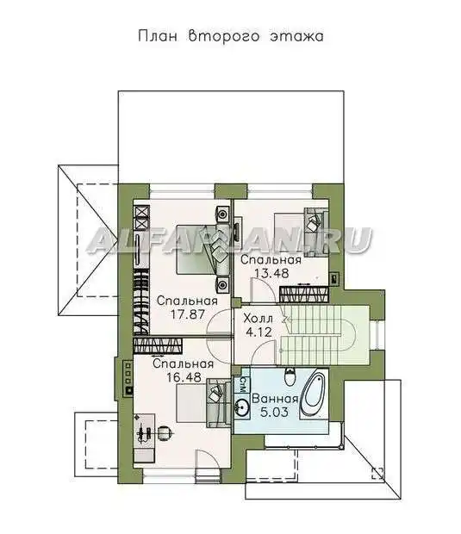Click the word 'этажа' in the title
[296, 36]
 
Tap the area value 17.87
[187, 314]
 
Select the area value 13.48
[271, 273]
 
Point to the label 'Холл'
[258, 319]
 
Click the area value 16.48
[184, 376]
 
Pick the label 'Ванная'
[275, 399]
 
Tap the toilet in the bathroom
[290, 377]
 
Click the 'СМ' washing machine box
[243, 385]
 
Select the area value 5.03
[274, 412]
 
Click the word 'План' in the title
[158, 36]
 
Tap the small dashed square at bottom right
[378, 473]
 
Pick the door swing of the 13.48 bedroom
[262, 289]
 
